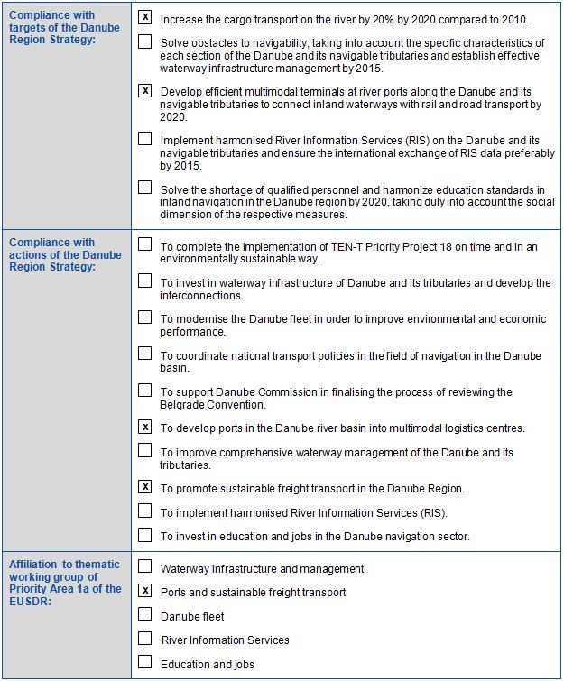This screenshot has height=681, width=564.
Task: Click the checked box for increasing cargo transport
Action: pyautogui.click(x=145, y=17)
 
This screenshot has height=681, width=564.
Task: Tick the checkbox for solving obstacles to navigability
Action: pyautogui.click(x=145, y=41)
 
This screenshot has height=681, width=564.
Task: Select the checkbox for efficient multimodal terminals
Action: pyautogui.click(x=145, y=90)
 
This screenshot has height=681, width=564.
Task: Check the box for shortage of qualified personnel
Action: pyautogui.click(x=145, y=188)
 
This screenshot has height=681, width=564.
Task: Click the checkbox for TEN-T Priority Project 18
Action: pyautogui.click(x=145, y=244)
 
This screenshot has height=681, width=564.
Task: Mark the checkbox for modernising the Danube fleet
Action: pyautogui.click(x=145, y=317)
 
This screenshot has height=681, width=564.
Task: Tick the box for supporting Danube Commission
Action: pyautogui.click(x=145, y=390)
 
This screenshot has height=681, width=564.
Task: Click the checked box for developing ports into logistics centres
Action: pyautogui.click(x=145, y=427)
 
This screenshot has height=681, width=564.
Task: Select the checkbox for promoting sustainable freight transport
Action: pyautogui.click(x=145, y=487)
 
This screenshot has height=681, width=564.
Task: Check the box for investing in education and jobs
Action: pyautogui.click(x=145, y=535)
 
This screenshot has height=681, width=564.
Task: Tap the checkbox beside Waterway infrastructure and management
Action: pyautogui.click(x=145, y=567)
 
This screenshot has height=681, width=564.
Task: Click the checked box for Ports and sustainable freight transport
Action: pyautogui.click(x=145, y=591)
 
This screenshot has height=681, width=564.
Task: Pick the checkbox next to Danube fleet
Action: pyautogui.click(x=145, y=614)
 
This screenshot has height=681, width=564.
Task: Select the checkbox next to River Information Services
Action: pyautogui.click(x=145, y=638)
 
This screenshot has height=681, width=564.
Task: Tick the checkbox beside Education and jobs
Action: pyautogui.click(x=145, y=662)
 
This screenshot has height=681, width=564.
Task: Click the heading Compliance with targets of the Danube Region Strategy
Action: pyautogui.click(x=64, y=27)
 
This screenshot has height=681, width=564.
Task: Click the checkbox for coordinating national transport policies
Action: pyautogui.click(x=145, y=354)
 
